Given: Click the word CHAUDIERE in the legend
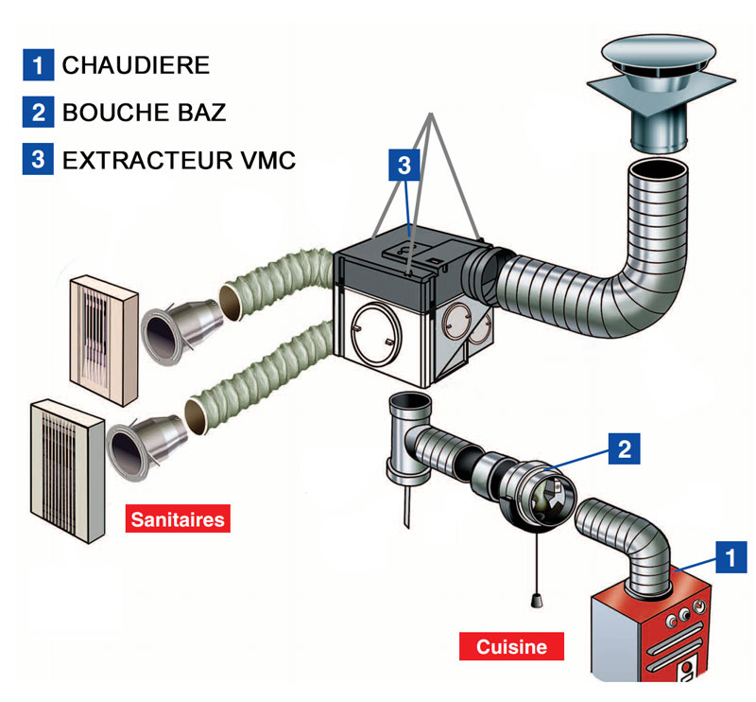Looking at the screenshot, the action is click(136, 65).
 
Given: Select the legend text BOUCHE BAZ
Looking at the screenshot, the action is click(145, 113).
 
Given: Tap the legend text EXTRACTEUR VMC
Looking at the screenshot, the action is click(179, 160).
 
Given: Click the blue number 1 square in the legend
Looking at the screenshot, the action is click(38, 64).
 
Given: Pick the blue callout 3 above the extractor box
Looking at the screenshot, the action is click(404, 165).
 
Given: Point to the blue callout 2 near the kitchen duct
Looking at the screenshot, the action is click(624, 448).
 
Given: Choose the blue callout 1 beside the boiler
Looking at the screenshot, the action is click(730, 557).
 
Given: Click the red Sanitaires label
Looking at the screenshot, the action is click(178, 519).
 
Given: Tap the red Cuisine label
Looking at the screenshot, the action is click(511, 646).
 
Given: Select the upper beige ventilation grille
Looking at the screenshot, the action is click(104, 341).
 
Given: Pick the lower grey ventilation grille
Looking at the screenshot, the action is click(67, 471).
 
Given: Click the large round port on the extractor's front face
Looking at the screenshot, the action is click(376, 334).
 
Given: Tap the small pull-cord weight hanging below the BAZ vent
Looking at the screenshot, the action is click(535, 600).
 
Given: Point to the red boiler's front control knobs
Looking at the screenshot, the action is click(684, 614).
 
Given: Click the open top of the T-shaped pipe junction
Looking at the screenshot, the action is click(410, 402).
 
